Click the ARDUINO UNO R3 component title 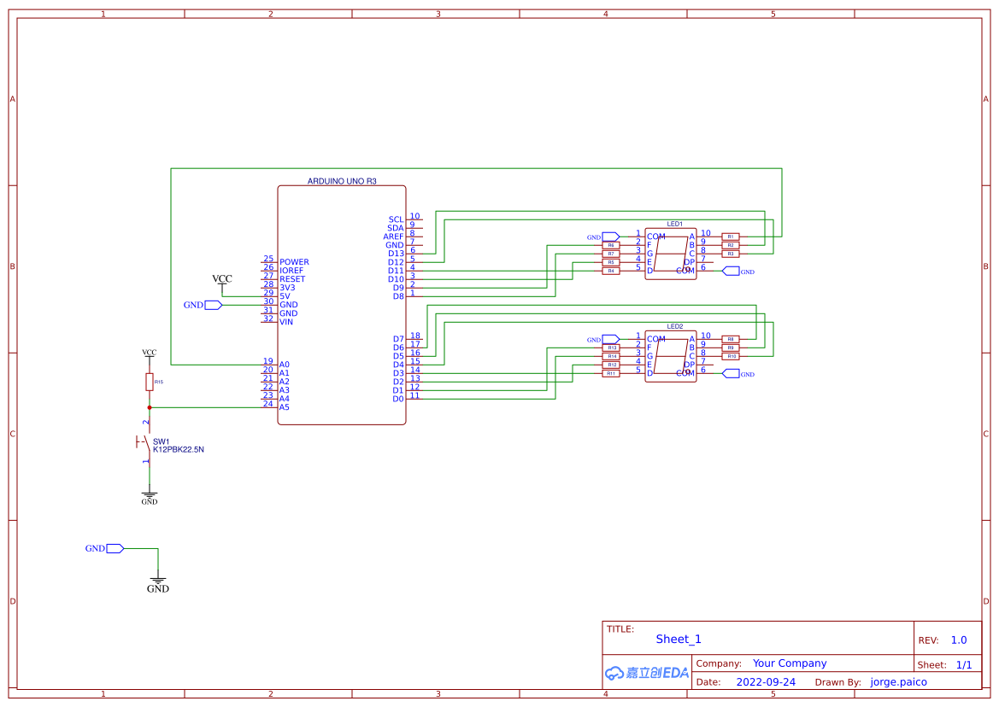tap(342, 181)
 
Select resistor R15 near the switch tap(149, 382)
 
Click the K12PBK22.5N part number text tap(178, 449)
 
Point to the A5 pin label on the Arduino tap(285, 407)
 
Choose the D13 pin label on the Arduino tap(396, 254)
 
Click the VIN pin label tap(286, 322)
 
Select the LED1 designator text tap(675, 224)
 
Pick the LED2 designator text tap(675, 326)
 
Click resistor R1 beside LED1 tap(731, 237)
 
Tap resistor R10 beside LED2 tap(732, 356)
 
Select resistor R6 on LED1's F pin tap(611, 245)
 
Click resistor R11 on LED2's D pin tap(611, 373)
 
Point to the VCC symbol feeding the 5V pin tap(222, 280)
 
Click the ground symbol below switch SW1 tap(150, 497)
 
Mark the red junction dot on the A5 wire tap(150, 407)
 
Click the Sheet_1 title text tap(679, 640)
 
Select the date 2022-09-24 tap(766, 682)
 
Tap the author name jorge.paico tap(898, 682)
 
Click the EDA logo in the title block tap(647, 673)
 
